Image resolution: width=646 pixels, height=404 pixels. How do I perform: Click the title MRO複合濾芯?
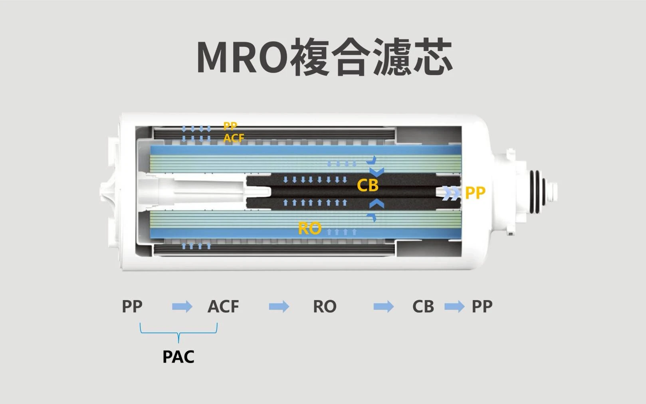pos(324,57)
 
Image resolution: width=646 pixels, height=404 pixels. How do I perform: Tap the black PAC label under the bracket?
pos(178,356)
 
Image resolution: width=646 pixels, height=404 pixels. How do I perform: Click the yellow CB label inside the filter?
pos(367,185)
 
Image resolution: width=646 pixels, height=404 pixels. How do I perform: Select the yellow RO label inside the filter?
pos(310,228)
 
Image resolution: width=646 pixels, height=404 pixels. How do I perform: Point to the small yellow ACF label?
pos(234,138)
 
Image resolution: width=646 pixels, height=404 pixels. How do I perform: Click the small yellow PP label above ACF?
pos(230,126)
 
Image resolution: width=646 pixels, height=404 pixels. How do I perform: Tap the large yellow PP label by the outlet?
pos(475,193)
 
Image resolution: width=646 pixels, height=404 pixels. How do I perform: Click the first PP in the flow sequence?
pos(132,307)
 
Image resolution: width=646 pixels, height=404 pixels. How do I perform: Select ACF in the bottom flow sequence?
pos(223,307)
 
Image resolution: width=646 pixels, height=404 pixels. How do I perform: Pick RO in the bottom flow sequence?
pos(325,307)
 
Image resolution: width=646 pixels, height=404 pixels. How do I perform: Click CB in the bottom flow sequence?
pos(423,307)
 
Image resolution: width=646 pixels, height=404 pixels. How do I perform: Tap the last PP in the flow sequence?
pos(482,307)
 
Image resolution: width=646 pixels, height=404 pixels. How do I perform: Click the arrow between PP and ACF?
pos(182,307)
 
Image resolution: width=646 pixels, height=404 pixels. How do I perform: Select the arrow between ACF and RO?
pos(279,307)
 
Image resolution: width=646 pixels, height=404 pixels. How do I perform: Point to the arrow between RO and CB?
pos(383,307)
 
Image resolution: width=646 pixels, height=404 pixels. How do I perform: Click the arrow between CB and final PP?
pos(454,307)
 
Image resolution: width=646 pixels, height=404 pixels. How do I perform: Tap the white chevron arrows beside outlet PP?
pos(451,193)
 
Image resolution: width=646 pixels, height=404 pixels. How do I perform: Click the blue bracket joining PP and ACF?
pos(178,332)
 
